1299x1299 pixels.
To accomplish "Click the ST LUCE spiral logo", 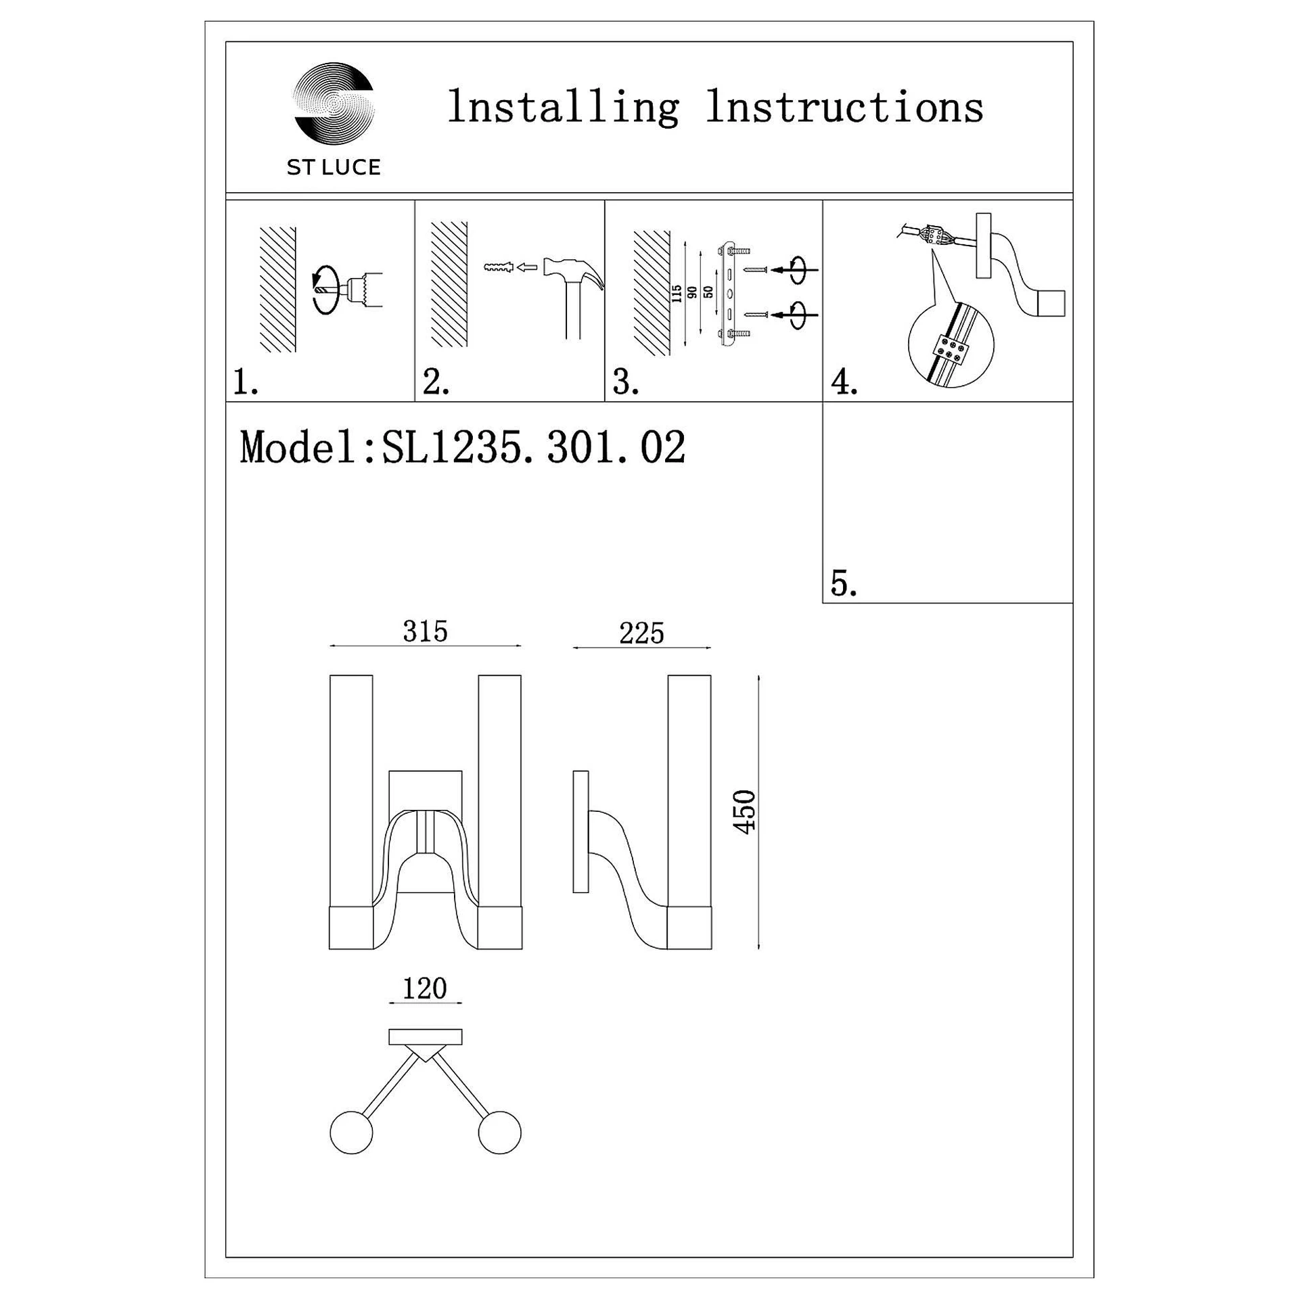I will tap(334, 103).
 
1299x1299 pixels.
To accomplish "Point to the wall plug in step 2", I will tap(499, 268).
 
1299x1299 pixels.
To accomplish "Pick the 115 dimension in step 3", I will tap(677, 293).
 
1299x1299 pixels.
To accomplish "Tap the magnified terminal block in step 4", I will tap(951, 349).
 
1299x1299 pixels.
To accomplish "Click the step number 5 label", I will tap(843, 583).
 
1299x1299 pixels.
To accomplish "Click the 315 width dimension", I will tap(425, 632).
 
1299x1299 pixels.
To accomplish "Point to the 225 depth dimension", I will tap(641, 634).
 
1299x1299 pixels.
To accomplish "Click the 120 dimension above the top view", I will tap(425, 989).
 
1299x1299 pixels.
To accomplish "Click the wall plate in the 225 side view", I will tap(580, 831).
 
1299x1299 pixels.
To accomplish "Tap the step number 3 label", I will tap(625, 382).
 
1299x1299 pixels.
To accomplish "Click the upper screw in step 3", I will tap(755, 270).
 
